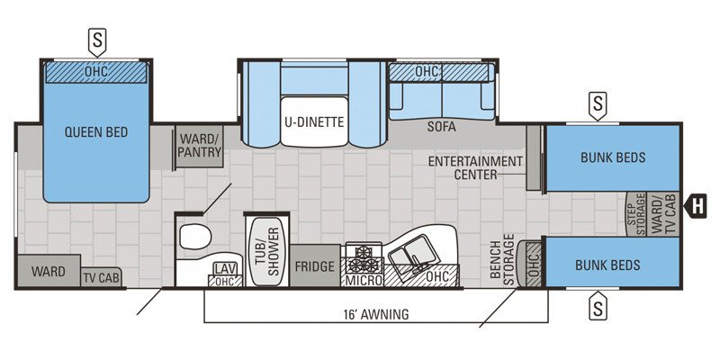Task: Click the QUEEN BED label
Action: click(x=95, y=132)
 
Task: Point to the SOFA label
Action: click(x=441, y=127)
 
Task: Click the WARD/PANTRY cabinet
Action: click(x=199, y=147)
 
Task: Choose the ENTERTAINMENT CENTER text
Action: click(x=475, y=167)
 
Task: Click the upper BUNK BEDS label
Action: click(x=612, y=157)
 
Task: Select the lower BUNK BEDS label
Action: click(x=608, y=265)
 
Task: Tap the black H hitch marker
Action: click(x=697, y=206)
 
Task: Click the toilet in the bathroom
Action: click(x=193, y=238)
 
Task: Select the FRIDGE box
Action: click(x=315, y=267)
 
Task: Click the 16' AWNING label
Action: click(x=375, y=314)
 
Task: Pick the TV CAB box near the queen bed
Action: click(x=103, y=278)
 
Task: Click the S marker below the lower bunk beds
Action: click(x=596, y=309)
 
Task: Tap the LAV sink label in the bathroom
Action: click(x=223, y=267)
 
